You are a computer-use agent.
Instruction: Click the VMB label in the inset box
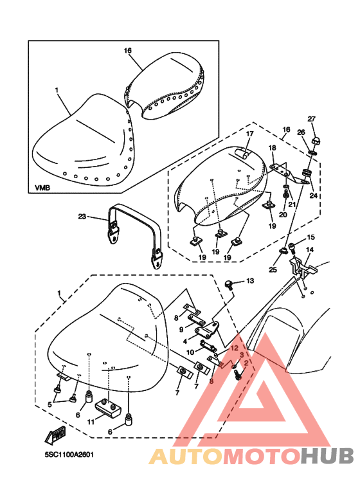(x=42, y=188)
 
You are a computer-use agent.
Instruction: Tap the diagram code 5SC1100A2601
(x=69, y=455)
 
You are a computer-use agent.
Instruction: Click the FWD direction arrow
(x=55, y=434)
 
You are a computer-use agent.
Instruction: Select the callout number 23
(x=82, y=217)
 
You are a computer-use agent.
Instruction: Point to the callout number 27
(x=312, y=119)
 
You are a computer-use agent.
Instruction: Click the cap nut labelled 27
(x=315, y=140)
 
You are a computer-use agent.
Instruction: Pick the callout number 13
(x=250, y=280)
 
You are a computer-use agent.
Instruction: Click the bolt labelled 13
(x=229, y=284)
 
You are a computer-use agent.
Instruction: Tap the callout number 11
(x=91, y=422)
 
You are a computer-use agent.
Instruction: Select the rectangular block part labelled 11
(x=109, y=408)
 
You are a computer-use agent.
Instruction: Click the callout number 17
(x=250, y=134)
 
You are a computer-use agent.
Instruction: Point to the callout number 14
(x=310, y=249)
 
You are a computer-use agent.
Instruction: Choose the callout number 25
(x=273, y=269)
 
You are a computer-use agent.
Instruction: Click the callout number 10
(x=190, y=352)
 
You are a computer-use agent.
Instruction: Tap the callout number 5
(x=50, y=404)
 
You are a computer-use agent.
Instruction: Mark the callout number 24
(x=314, y=195)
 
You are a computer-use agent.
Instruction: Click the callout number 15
(x=311, y=237)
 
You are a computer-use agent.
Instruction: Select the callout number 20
(x=283, y=215)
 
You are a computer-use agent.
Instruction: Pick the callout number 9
(x=181, y=329)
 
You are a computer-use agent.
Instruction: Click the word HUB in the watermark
(x=327, y=456)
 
